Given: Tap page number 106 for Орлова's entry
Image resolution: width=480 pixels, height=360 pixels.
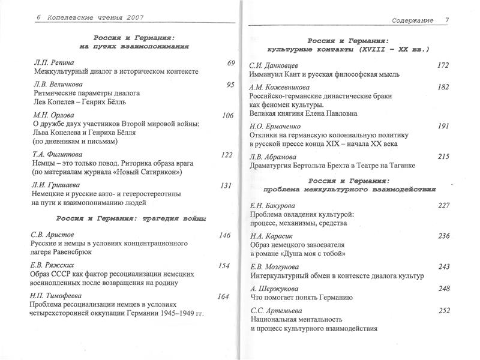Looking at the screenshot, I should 227,116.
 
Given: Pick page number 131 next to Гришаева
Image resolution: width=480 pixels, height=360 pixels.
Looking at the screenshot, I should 226,185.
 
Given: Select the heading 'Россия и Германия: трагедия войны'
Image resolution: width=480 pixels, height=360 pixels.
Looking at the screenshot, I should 130,218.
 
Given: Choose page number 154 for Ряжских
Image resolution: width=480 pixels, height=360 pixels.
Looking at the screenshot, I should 224,266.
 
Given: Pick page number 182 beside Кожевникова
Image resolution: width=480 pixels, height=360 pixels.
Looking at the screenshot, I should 443,87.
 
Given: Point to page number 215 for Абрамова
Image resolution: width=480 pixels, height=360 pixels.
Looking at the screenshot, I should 443,157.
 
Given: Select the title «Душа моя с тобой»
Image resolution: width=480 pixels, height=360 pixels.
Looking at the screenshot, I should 315,254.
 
